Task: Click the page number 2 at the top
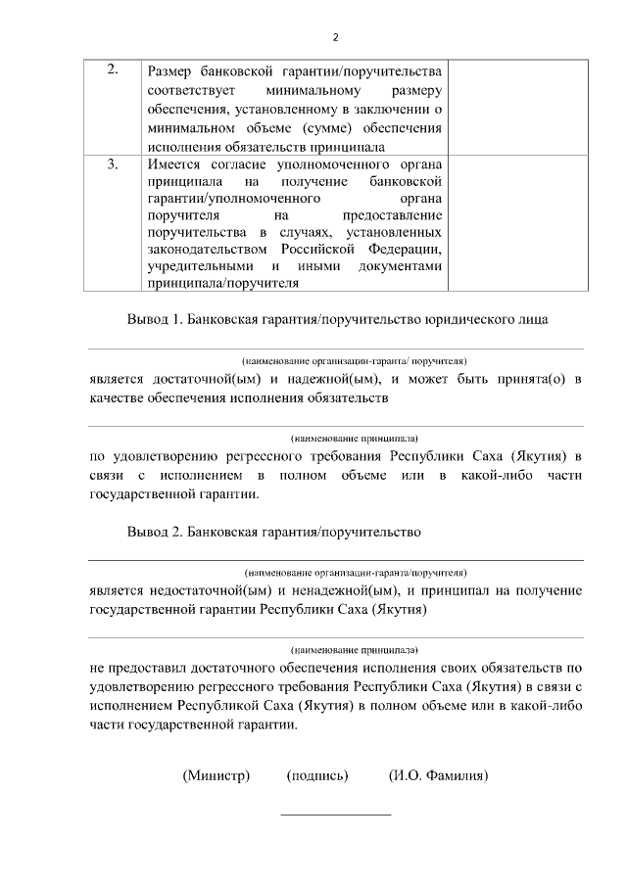click(335, 38)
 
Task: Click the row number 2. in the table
click(113, 70)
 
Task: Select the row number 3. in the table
click(113, 163)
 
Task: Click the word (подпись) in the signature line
click(317, 776)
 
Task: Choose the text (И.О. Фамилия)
click(438, 776)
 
